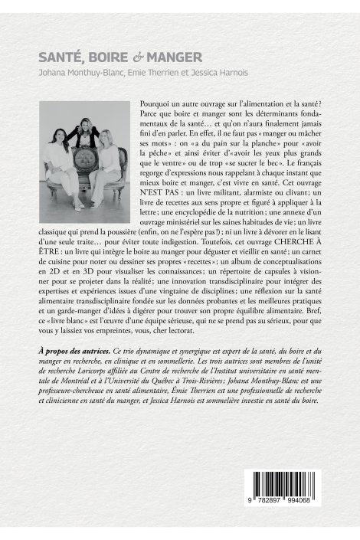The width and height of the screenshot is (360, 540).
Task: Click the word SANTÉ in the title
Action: (x=60, y=57)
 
